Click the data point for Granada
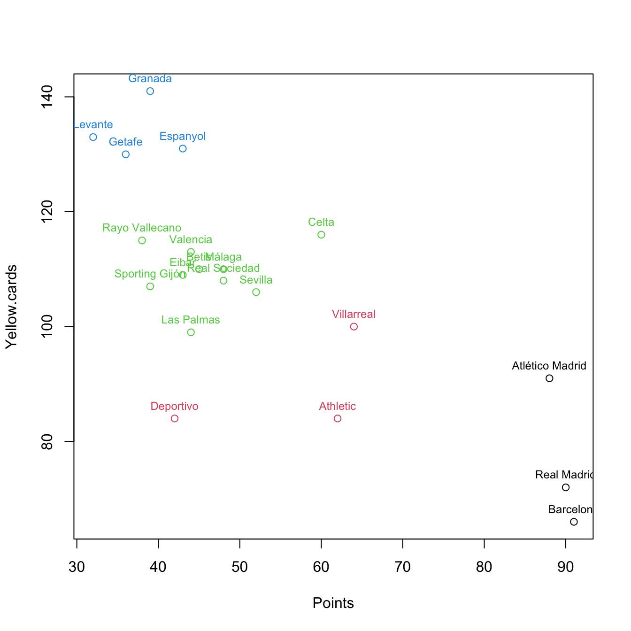pyautogui.click(x=150, y=91)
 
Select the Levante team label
pyautogui.click(x=93, y=125)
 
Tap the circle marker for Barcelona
pyautogui.click(x=574, y=522)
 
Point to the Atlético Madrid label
pyautogui.click(x=549, y=366)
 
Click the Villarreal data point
pyautogui.click(x=354, y=327)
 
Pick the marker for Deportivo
pyautogui.click(x=175, y=418)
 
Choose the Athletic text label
pyautogui.click(x=337, y=407)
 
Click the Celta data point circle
pyautogui.click(x=321, y=235)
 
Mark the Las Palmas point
pyautogui.click(x=191, y=332)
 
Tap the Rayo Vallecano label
pyautogui.click(x=142, y=228)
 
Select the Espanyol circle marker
pyautogui.click(x=183, y=149)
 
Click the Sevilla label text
pyautogui.click(x=256, y=280)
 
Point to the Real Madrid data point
pyautogui.click(x=566, y=487)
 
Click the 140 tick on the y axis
pyautogui.click(x=47, y=97)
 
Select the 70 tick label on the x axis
pyautogui.click(x=403, y=567)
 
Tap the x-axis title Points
pyautogui.click(x=333, y=603)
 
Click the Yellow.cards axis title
pyautogui.click(x=11, y=307)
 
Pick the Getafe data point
pyautogui.click(x=126, y=154)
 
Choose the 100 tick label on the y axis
pyautogui.click(x=47, y=327)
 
